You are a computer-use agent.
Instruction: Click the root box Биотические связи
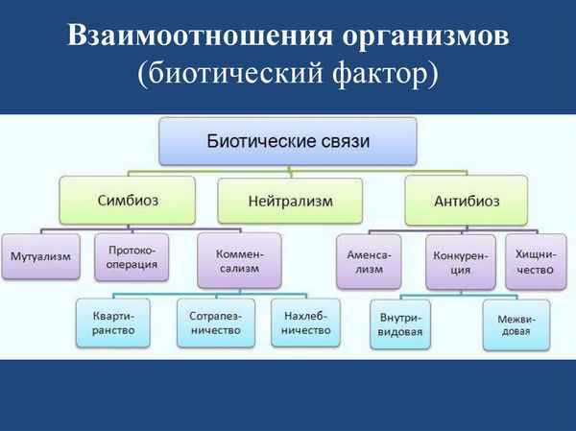click(x=288, y=141)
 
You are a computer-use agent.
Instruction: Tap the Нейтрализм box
click(x=289, y=203)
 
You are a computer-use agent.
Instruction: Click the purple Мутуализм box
click(x=39, y=257)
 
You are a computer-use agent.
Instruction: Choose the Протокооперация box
click(x=132, y=257)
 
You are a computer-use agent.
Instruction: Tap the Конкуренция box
click(x=460, y=262)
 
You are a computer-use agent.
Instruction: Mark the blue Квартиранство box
click(x=113, y=323)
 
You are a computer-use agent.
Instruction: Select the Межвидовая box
click(x=517, y=324)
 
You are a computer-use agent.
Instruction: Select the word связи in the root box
click(x=339, y=141)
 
